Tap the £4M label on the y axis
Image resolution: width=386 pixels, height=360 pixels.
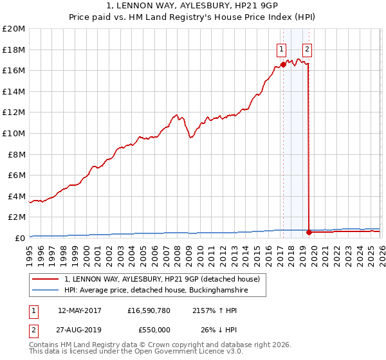coord(15,196)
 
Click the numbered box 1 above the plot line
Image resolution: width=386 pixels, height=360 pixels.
coord(282,49)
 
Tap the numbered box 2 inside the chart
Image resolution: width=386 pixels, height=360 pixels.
coord(308,49)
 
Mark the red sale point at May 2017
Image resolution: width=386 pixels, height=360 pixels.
coord(283,64)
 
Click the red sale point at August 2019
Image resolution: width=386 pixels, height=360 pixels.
coord(309,232)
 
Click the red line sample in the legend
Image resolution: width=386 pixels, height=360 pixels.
coord(46,280)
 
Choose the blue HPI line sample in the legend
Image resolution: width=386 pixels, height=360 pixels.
coord(46,291)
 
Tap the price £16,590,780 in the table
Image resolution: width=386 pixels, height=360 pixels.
coord(149,310)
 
